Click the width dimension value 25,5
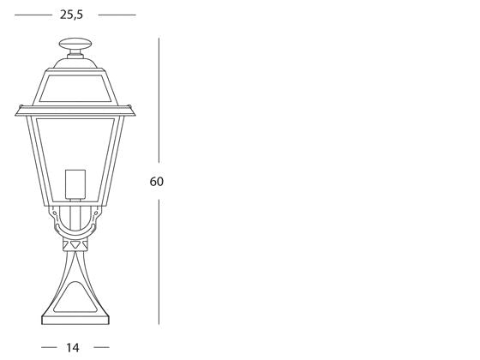(x=73, y=15)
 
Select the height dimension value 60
(x=155, y=182)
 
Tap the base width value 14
(x=75, y=347)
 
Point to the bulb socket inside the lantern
(x=75, y=184)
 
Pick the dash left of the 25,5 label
(x=33, y=15)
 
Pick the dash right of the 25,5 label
(x=117, y=15)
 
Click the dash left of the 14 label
(x=50, y=347)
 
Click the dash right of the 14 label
(x=101, y=347)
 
